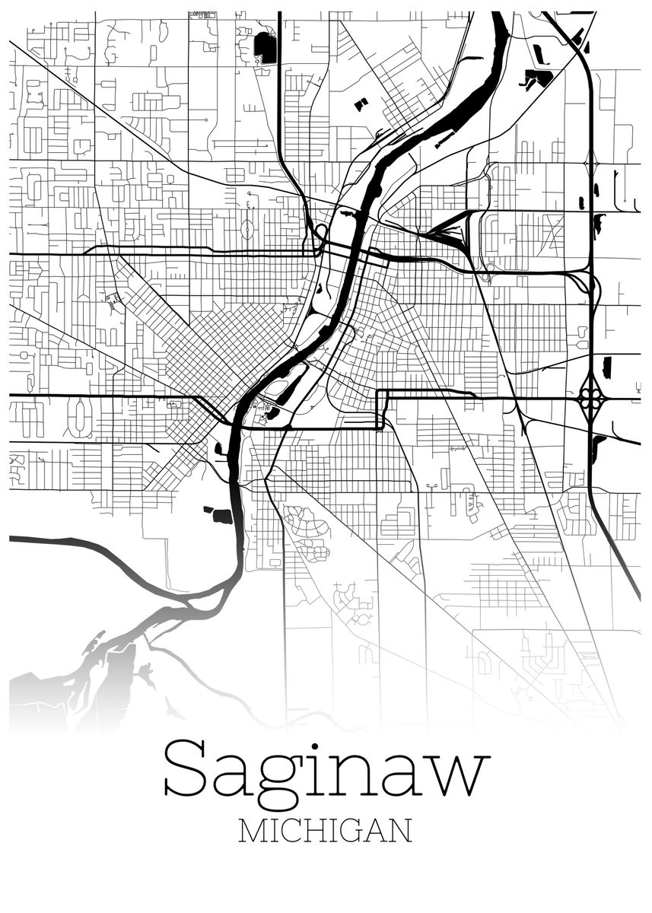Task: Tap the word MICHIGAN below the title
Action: (x=326, y=831)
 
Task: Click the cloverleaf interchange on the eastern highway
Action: (x=591, y=398)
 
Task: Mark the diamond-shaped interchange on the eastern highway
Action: (x=592, y=163)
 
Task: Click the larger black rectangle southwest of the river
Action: (x=222, y=517)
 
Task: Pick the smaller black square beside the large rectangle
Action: (x=207, y=511)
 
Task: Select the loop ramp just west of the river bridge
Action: (x=321, y=231)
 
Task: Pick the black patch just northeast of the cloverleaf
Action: (x=606, y=367)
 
